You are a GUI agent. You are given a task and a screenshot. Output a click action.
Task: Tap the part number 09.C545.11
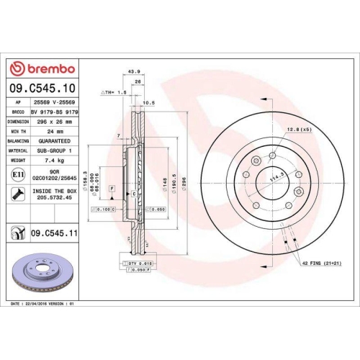(x=55, y=233)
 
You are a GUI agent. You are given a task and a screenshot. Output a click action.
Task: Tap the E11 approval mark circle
(x=17, y=174)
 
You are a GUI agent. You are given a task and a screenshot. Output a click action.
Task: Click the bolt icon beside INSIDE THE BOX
(x=17, y=194)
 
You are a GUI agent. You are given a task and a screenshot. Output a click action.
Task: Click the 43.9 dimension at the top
(x=132, y=72)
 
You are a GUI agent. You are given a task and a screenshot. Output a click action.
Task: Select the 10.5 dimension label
(x=150, y=102)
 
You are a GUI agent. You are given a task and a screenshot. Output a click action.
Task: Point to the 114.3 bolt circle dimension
(x=275, y=177)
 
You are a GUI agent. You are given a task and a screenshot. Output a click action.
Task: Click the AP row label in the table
(x=18, y=104)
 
